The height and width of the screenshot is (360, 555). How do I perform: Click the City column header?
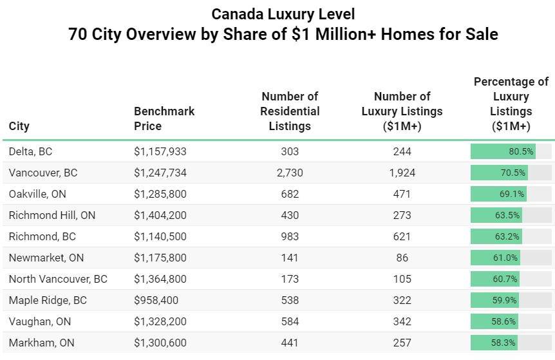click(x=19, y=126)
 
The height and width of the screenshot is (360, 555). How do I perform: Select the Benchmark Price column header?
click(x=164, y=118)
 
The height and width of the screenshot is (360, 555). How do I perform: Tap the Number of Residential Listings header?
click(x=290, y=111)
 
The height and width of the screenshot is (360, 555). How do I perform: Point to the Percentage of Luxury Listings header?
click(x=511, y=104)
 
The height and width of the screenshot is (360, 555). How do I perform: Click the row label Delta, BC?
click(x=31, y=152)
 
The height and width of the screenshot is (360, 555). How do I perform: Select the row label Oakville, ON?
click(x=37, y=194)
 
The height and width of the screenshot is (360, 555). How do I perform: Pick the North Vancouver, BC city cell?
click(x=58, y=279)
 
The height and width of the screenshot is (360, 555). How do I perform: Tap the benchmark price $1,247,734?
click(x=160, y=173)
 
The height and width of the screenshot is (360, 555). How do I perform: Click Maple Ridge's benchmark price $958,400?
click(x=156, y=301)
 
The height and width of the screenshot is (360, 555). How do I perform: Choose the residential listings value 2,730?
click(x=290, y=173)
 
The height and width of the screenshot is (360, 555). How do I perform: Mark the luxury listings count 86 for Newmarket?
click(x=402, y=258)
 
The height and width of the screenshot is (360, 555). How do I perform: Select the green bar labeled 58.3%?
click(x=494, y=343)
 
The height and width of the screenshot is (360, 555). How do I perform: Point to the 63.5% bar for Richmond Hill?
click(x=496, y=216)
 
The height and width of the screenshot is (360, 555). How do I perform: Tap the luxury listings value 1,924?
click(x=402, y=173)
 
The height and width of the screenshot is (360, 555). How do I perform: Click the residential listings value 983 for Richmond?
click(x=290, y=237)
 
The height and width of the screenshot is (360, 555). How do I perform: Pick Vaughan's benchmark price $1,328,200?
click(x=160, y=322)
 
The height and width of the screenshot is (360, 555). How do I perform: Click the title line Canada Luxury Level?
click(x=283, y=14)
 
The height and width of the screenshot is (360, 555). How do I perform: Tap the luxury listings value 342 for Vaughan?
click(x=402, y=322)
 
